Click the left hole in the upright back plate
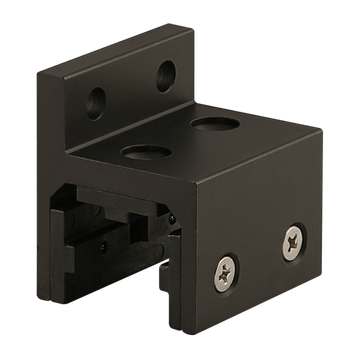[x=98, y=99]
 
